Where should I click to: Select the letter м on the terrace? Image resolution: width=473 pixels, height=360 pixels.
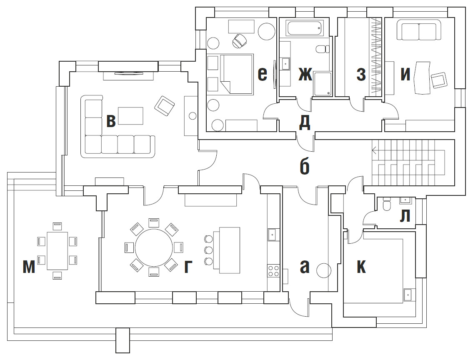[x=29, y=267]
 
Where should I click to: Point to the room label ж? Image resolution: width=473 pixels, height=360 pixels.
[x=305, y=75]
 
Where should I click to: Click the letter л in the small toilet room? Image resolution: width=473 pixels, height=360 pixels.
[x=405, y=216]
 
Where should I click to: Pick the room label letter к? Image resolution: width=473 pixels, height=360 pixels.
[x=361, y=267]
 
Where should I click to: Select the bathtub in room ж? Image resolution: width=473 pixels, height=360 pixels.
[x=304, y=29]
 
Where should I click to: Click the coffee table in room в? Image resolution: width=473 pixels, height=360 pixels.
[x=131, y=116]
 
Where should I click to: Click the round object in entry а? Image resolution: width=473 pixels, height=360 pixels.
[x=323, y=271]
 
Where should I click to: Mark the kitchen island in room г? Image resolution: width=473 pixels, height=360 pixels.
[x=229, y=250]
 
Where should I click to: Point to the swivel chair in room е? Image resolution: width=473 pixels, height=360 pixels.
[x=239, y=41]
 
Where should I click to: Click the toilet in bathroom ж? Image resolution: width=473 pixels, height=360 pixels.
[x=323, y=49]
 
